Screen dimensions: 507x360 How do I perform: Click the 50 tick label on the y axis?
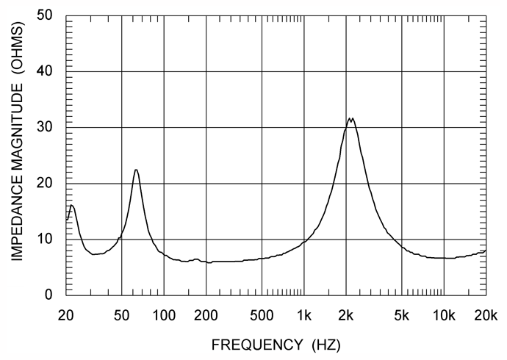coord(44,15)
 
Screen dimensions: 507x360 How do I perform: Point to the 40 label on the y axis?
coord(44,71)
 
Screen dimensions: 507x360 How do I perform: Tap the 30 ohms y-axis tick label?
coord(44,127)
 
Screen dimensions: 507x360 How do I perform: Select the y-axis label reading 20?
coord(44,183)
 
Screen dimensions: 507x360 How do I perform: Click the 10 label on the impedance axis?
coord(44,239)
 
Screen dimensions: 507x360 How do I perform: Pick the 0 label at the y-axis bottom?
coord(48,295)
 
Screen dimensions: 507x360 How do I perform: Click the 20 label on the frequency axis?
coord(65,315)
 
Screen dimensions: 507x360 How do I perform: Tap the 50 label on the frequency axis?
coord(121,315)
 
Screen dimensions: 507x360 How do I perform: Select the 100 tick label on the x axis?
coord(164,315)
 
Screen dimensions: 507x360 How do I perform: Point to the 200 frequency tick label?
coord(206,315)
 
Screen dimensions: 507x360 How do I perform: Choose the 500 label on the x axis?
coord(262,315)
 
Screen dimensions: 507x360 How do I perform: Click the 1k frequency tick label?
coord(304,315)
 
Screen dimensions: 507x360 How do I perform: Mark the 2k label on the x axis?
coord(346,315)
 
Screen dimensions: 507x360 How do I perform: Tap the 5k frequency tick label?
coord(402,315)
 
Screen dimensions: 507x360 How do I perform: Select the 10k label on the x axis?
coord(444,315)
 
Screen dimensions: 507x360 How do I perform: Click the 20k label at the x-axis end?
coord(486,315)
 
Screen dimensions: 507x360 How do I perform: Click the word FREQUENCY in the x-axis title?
coord(257,345)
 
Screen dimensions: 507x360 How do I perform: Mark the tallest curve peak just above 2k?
coord(349,118)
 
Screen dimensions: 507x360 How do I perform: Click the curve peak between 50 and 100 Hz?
coord(136,170)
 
